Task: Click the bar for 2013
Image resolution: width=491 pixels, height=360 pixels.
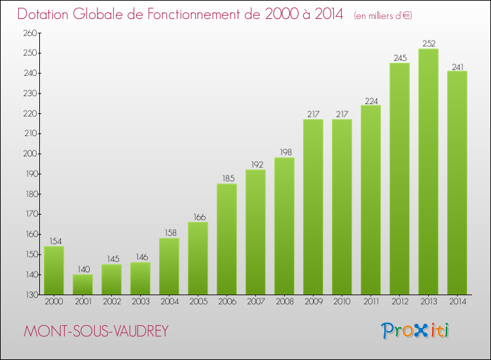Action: pyautogui.click(x=428, y=171)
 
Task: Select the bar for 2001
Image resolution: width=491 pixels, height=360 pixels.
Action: pyautogui.click(x=82, y=284)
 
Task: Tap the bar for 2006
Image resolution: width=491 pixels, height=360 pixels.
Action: pyautogui.click(x=227, y=239)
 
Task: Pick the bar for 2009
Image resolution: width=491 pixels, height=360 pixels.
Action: pyautogui.click(x=313, y=207)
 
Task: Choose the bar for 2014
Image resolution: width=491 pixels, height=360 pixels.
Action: pyautogui.click(x=457, y=183)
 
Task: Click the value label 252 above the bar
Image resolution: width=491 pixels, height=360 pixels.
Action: pyautogui.click(x=428, y=44)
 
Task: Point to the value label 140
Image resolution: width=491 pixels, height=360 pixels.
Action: pyautogui.click(x=82, y=270)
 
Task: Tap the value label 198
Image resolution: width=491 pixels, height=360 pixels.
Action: pyautogui.click(x=284, y=153)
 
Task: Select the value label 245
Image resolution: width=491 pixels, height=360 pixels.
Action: pyautogui.click(x=399, y=58)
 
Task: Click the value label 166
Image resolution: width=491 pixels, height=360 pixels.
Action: pyautogui.click(x=198, y=217)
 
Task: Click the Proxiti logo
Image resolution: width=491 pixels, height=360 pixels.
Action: pyautogui.click(x=415, y=331)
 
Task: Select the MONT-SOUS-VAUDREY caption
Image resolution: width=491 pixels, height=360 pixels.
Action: pyautogui.click(x=96, y=332)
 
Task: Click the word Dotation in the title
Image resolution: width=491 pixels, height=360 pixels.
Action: pyautogui.click(x=47, y=14)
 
